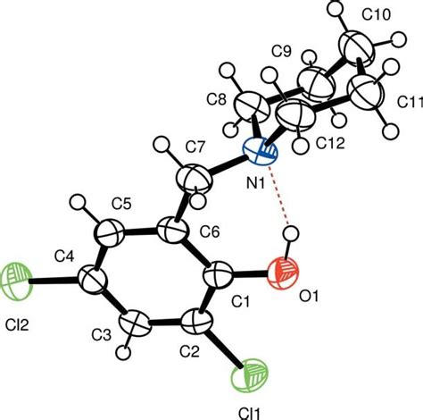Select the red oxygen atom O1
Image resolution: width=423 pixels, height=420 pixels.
coord(283,273)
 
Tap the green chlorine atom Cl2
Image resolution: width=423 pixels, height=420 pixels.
coord(15,281)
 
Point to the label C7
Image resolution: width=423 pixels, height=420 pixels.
coord(195,147)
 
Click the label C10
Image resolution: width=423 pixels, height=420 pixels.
coord(376,14)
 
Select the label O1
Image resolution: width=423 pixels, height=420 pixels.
coord(309,297)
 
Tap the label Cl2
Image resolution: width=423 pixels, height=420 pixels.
coord(17,324)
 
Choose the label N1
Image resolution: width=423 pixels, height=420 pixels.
coord(255,184)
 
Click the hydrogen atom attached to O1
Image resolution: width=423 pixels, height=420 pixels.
coord(291,233)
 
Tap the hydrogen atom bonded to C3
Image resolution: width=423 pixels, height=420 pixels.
coord(123,353)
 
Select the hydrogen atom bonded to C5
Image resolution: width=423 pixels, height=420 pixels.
coord(78,202)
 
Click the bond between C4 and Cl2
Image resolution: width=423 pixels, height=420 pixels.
coord(54,280)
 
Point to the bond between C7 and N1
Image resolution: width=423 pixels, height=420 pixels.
coord(227,167)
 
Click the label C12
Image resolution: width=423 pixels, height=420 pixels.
coord(330,144)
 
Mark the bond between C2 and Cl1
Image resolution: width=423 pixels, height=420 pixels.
coord(225,347)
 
